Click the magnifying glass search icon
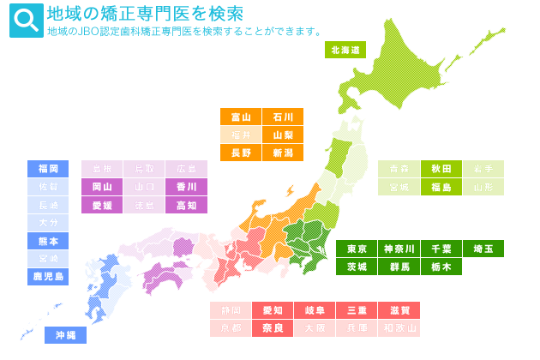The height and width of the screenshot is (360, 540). tap(26, 21)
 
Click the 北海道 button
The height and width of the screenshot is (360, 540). tap(345, 50)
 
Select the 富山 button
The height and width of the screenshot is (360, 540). tap(241, 117)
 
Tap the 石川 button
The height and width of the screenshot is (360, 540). tap(283, 117)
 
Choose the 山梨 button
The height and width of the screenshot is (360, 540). tap(283, 135)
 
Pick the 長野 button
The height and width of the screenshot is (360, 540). tap(241, 153)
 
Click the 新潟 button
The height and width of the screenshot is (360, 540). tap(283, 153)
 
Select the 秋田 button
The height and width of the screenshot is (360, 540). tap(441, 169)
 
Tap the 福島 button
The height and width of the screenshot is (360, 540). tap(441, 187)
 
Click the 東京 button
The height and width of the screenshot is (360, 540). tap(357, 249)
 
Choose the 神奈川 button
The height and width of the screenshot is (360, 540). tap(399, 249)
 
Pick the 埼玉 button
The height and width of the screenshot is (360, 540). tap(483, 249)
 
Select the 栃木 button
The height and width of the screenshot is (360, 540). tap(441, 267)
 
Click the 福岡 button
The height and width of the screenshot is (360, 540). tap(48, 169)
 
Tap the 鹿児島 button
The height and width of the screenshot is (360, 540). tap(48, 277)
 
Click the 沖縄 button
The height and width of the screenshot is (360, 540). tap(65, 335)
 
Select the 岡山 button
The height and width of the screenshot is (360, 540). tap(102, 187)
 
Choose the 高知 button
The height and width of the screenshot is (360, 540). tap(187, 205)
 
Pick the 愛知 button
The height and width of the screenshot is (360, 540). tap(273, 310)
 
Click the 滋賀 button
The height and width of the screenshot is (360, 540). tap(399, 310)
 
